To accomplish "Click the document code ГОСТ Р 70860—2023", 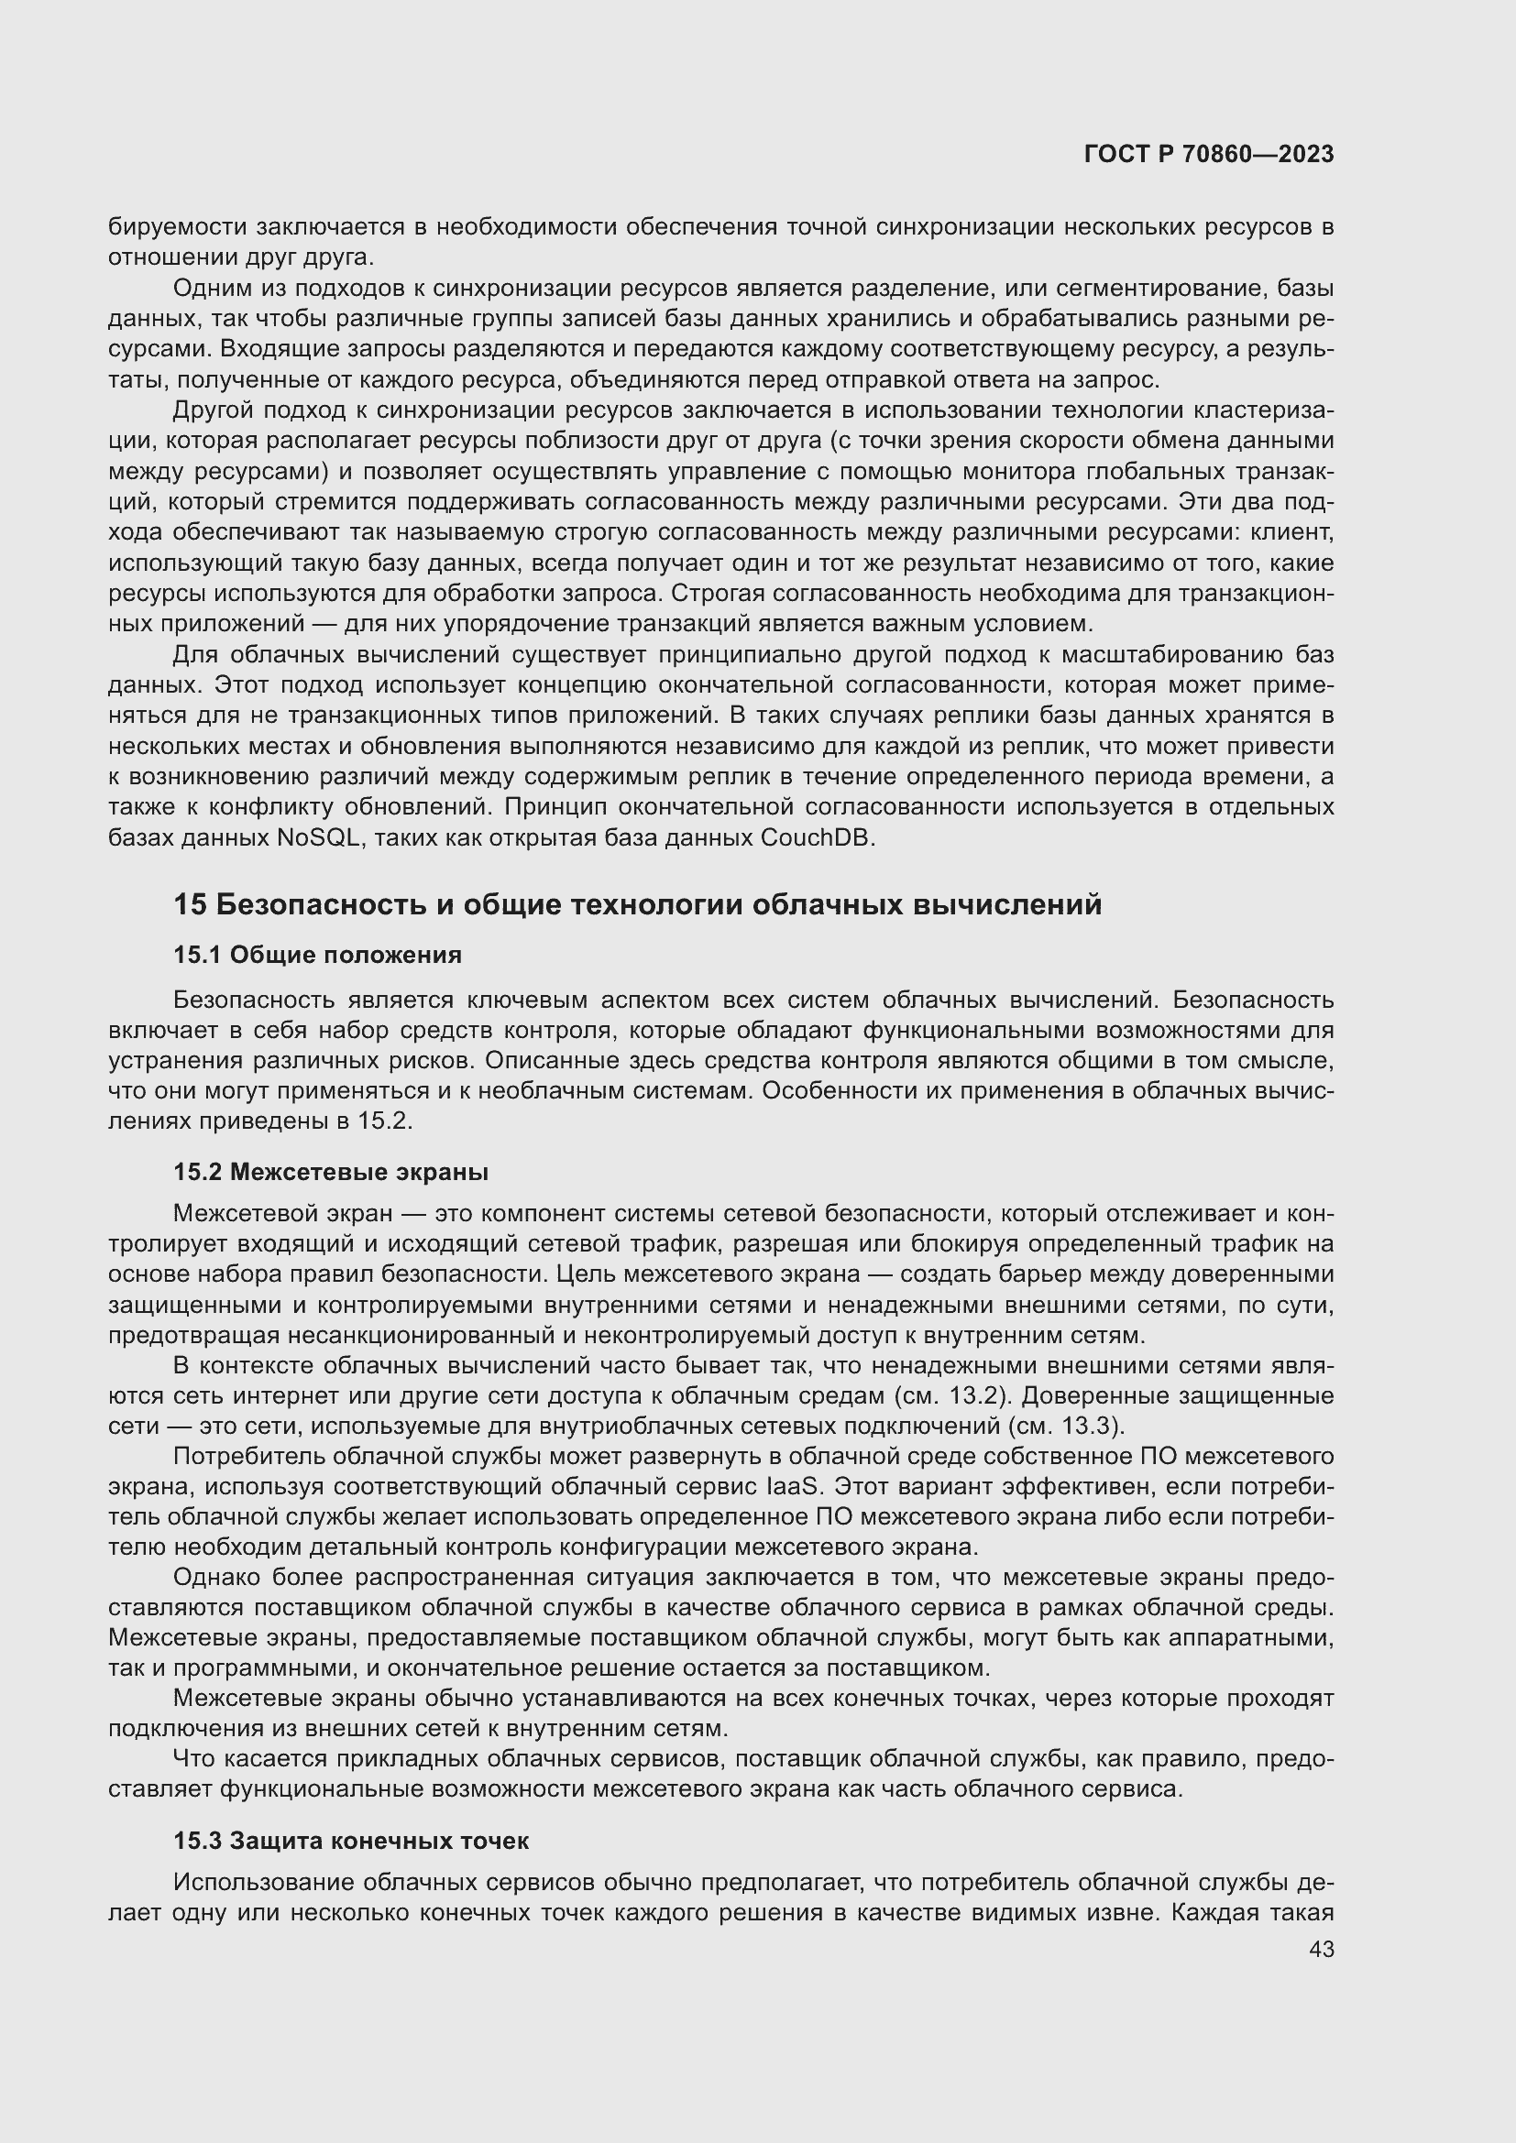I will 1208,154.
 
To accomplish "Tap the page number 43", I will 1321,1949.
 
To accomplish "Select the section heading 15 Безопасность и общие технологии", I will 637,904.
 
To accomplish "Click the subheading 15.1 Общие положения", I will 317,955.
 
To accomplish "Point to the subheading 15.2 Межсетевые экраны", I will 331,1172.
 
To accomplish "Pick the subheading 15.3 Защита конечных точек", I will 351,1841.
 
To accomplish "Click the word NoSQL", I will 318,837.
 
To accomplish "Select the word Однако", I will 217,1578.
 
